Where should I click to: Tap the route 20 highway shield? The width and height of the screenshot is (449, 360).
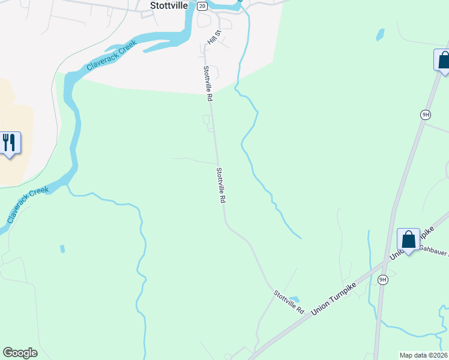pyautogui.click(x=202, y=6)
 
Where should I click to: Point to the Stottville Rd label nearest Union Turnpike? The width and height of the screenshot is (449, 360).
pyautogui.click(x=289, y=302)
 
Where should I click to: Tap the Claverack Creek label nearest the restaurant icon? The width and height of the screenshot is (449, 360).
pyautogui.click(x=28, y=205)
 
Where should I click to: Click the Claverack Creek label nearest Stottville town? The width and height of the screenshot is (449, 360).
pyautogui.click(x=112, y=55)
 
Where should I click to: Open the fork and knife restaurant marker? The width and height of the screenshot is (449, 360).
pyautogui.click(x=9, y=143)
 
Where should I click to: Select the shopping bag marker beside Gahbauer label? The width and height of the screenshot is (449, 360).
pyautogui.click(x=408, y=239)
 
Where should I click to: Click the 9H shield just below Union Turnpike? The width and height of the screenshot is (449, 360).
pyautogui.click(x=383, y=280)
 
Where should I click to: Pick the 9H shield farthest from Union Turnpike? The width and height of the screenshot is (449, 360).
pyautogui.click(x=426, y=114)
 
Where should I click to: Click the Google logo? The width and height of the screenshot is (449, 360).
pyautogui.click(x=20, y=353)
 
